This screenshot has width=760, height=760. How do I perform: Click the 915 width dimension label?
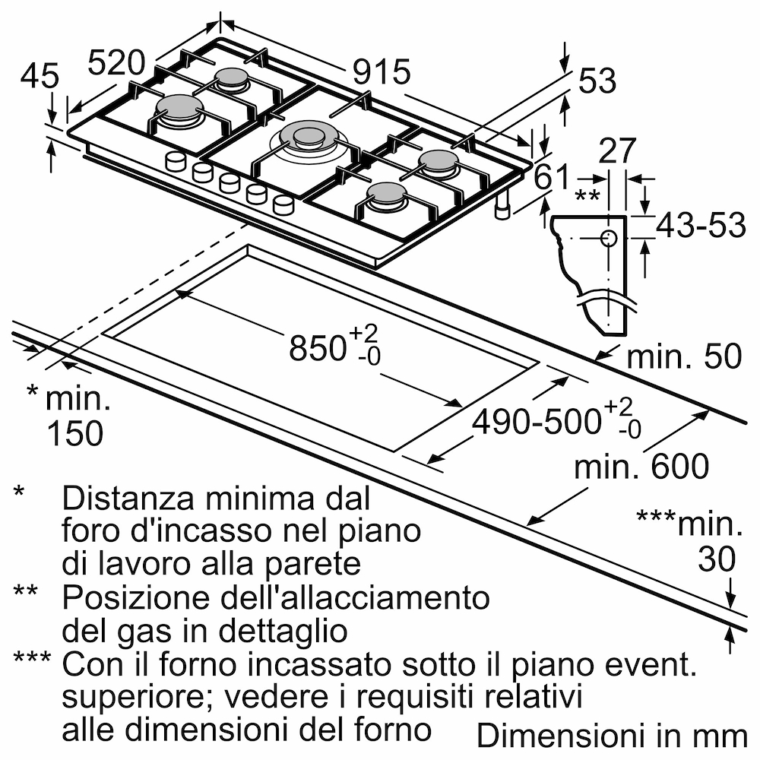point(382,73)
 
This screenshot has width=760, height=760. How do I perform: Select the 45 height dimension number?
point(40,76)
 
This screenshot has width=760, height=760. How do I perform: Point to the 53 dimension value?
point(597,81)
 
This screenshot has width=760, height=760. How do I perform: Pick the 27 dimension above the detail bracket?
point(616,152)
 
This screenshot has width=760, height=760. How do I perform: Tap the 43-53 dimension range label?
point(700,226)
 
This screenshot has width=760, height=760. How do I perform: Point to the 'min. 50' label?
point(683,356)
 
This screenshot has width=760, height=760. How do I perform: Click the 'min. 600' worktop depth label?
point(641,467)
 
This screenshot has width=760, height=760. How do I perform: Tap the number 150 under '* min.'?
point(74,432)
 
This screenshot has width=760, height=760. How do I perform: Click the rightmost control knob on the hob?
point(283,204)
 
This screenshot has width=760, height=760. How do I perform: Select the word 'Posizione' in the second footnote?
point(128,597)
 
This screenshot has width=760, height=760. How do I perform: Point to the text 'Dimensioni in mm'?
point(612,735)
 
